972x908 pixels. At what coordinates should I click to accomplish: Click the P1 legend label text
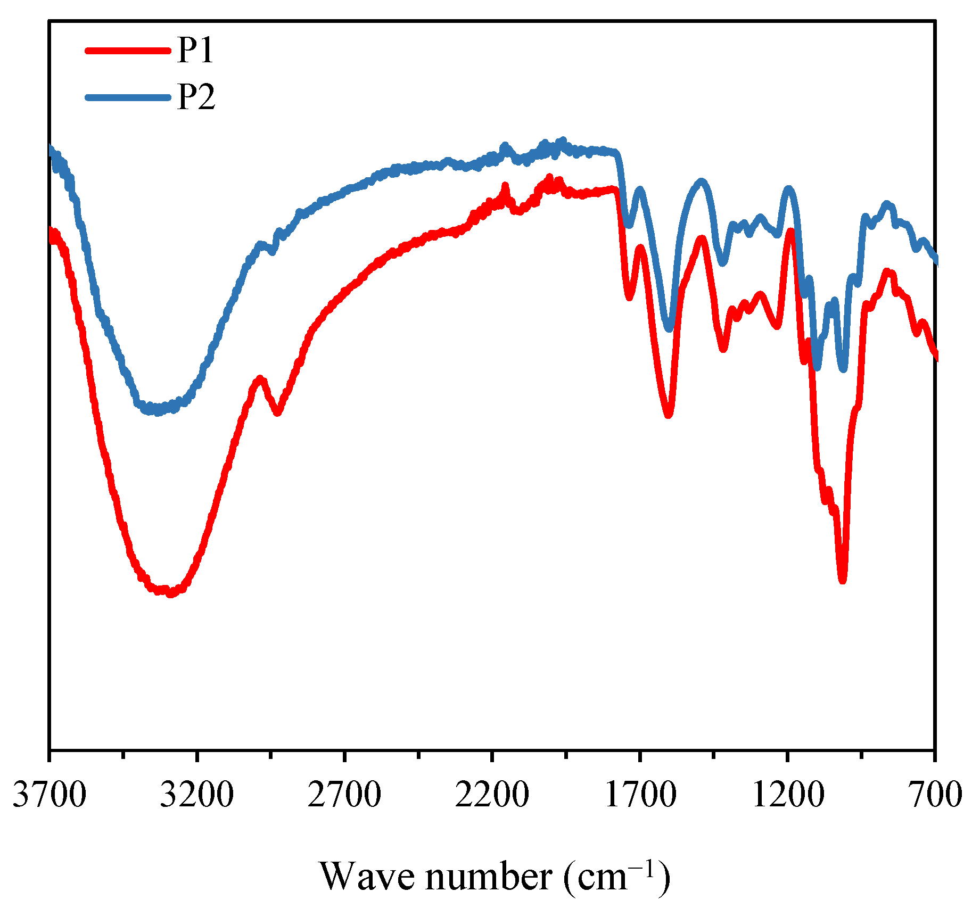pyautogui.click(x=195, y=51)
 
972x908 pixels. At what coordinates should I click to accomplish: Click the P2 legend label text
pyautogui.click(x=196, y=97)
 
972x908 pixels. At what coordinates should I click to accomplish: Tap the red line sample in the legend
pyautogui.click(x=128, y=51)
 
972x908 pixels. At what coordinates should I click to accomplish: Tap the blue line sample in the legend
pyautogui.click(x=128, y=97)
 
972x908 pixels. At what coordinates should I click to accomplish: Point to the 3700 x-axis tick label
pyautogui.click(x=49, y=795)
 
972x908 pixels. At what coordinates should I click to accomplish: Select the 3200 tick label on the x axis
pyautogui.click(x=196, y=795)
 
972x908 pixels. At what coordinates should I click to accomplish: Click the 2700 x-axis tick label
pyautogui.click(x=344, y=795)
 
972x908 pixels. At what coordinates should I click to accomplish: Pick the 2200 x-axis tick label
pyautogui.click(x=492, y=795)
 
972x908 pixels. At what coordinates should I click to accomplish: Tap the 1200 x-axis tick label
pyautogui.click(x=787, y=795)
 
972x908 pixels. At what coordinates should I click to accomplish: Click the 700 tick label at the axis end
pyautogui.click(x=936, y=795)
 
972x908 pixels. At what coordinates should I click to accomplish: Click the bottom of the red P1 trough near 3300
pyautogui.click(x=169, y=593)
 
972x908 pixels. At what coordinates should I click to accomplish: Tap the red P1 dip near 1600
pyautogui.click(x=669, y=415)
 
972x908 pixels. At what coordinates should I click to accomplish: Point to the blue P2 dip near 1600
pyautogui.click(x=669, y=329)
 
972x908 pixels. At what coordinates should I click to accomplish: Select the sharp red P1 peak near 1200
pyautogui.click(x=790, y=231)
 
